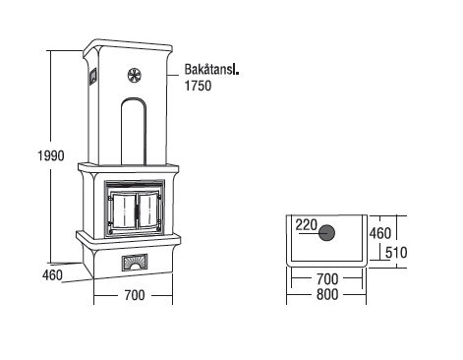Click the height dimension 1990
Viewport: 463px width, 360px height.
pos(51,155)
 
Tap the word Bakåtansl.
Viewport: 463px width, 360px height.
pos(211,70)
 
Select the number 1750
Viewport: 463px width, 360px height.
pos(198,86)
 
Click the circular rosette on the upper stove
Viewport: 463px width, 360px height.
pos(135,76)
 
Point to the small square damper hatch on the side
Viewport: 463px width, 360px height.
pos(92,76)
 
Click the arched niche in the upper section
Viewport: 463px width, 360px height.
pos(134,131)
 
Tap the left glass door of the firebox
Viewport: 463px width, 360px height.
pos(124,210)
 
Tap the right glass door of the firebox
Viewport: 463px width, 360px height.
pos(147,210)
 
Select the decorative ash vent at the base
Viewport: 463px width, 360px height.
pos(135,263)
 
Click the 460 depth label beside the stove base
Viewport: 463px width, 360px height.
pos(52,274)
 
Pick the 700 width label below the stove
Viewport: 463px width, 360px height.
pos(135,295)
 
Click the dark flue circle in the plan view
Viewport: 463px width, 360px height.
pos(326,233)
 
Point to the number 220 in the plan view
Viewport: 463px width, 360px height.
pos(307,225)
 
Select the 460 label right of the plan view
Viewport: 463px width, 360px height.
pos(380,233)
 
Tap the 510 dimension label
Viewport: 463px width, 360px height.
pos(396,253)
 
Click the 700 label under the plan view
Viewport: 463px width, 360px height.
pos(327,279)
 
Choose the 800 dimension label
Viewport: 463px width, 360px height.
pos(327,294)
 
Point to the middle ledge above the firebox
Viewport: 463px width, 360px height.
pos(129,168)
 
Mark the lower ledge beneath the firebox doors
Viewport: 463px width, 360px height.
pos(128,238)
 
